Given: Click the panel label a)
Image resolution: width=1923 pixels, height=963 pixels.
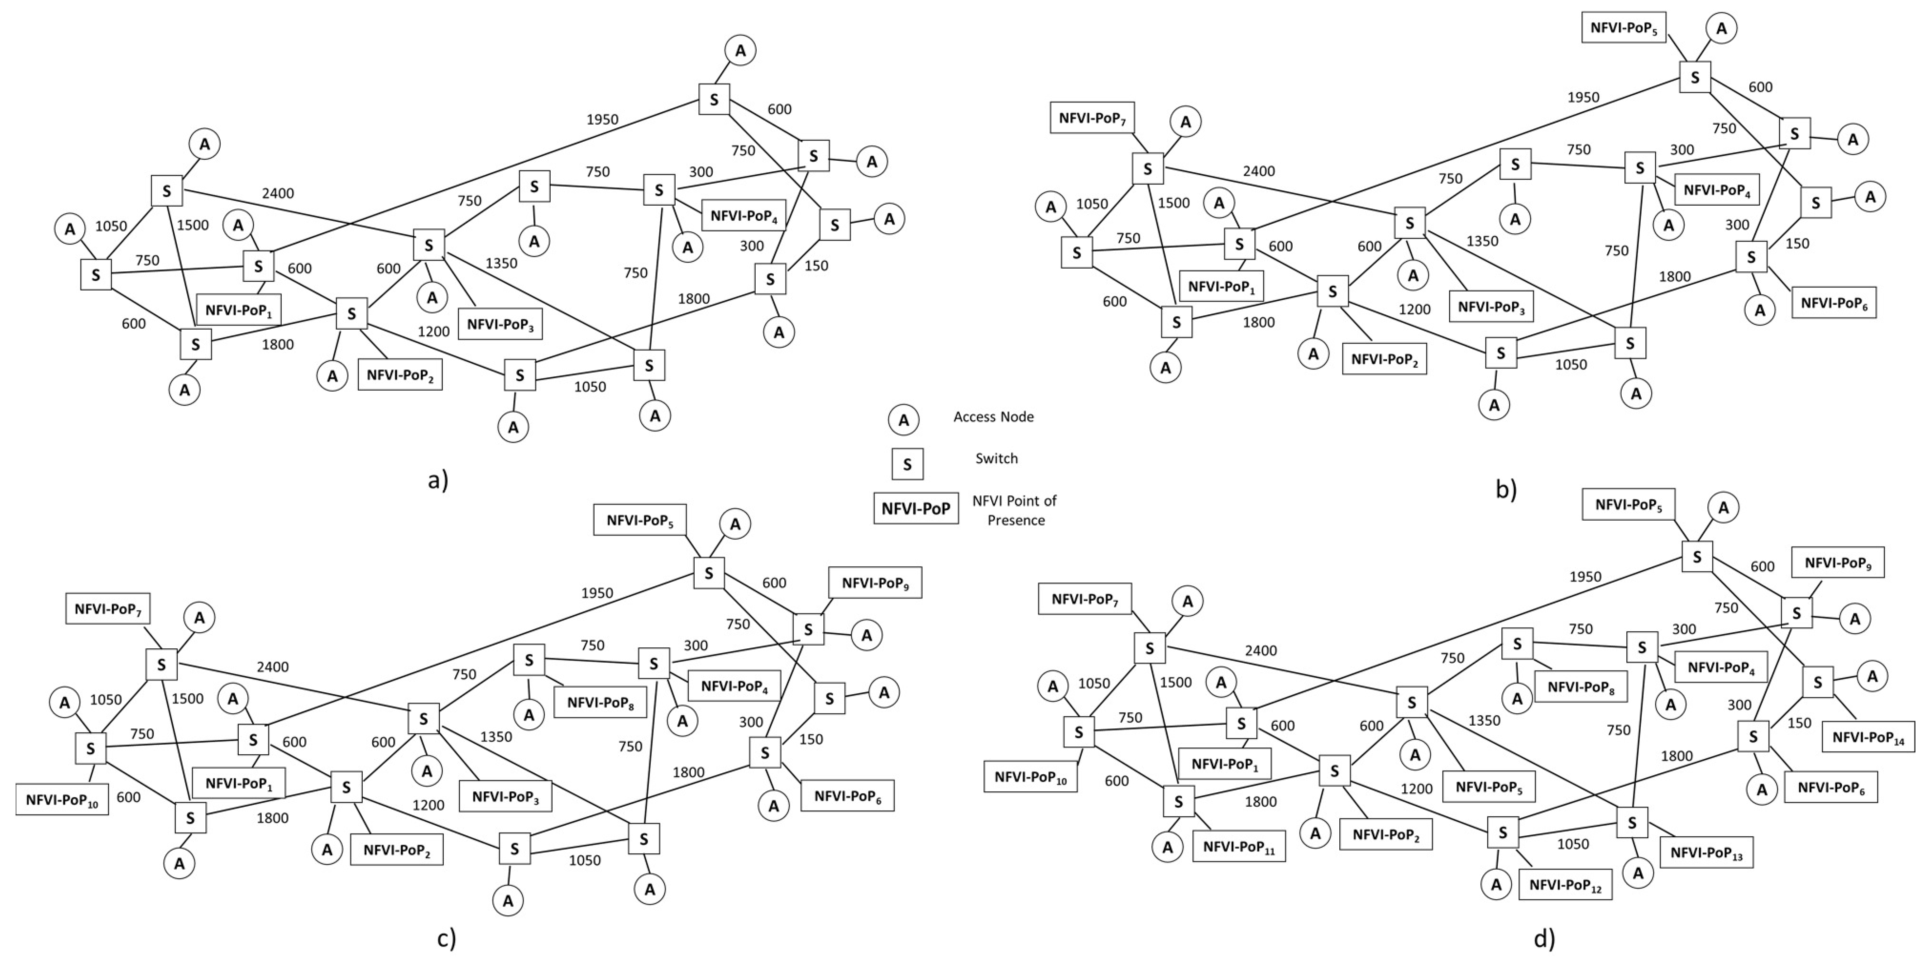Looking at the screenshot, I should [438, 480].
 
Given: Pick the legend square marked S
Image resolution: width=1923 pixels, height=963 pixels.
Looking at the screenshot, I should [907, 463].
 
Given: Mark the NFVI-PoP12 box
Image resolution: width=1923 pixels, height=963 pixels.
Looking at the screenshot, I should [1565, 885].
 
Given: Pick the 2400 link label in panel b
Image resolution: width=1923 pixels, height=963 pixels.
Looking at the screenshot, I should [1259, 171].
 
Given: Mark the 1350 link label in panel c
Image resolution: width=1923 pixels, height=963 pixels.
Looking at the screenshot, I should [496, 737].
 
